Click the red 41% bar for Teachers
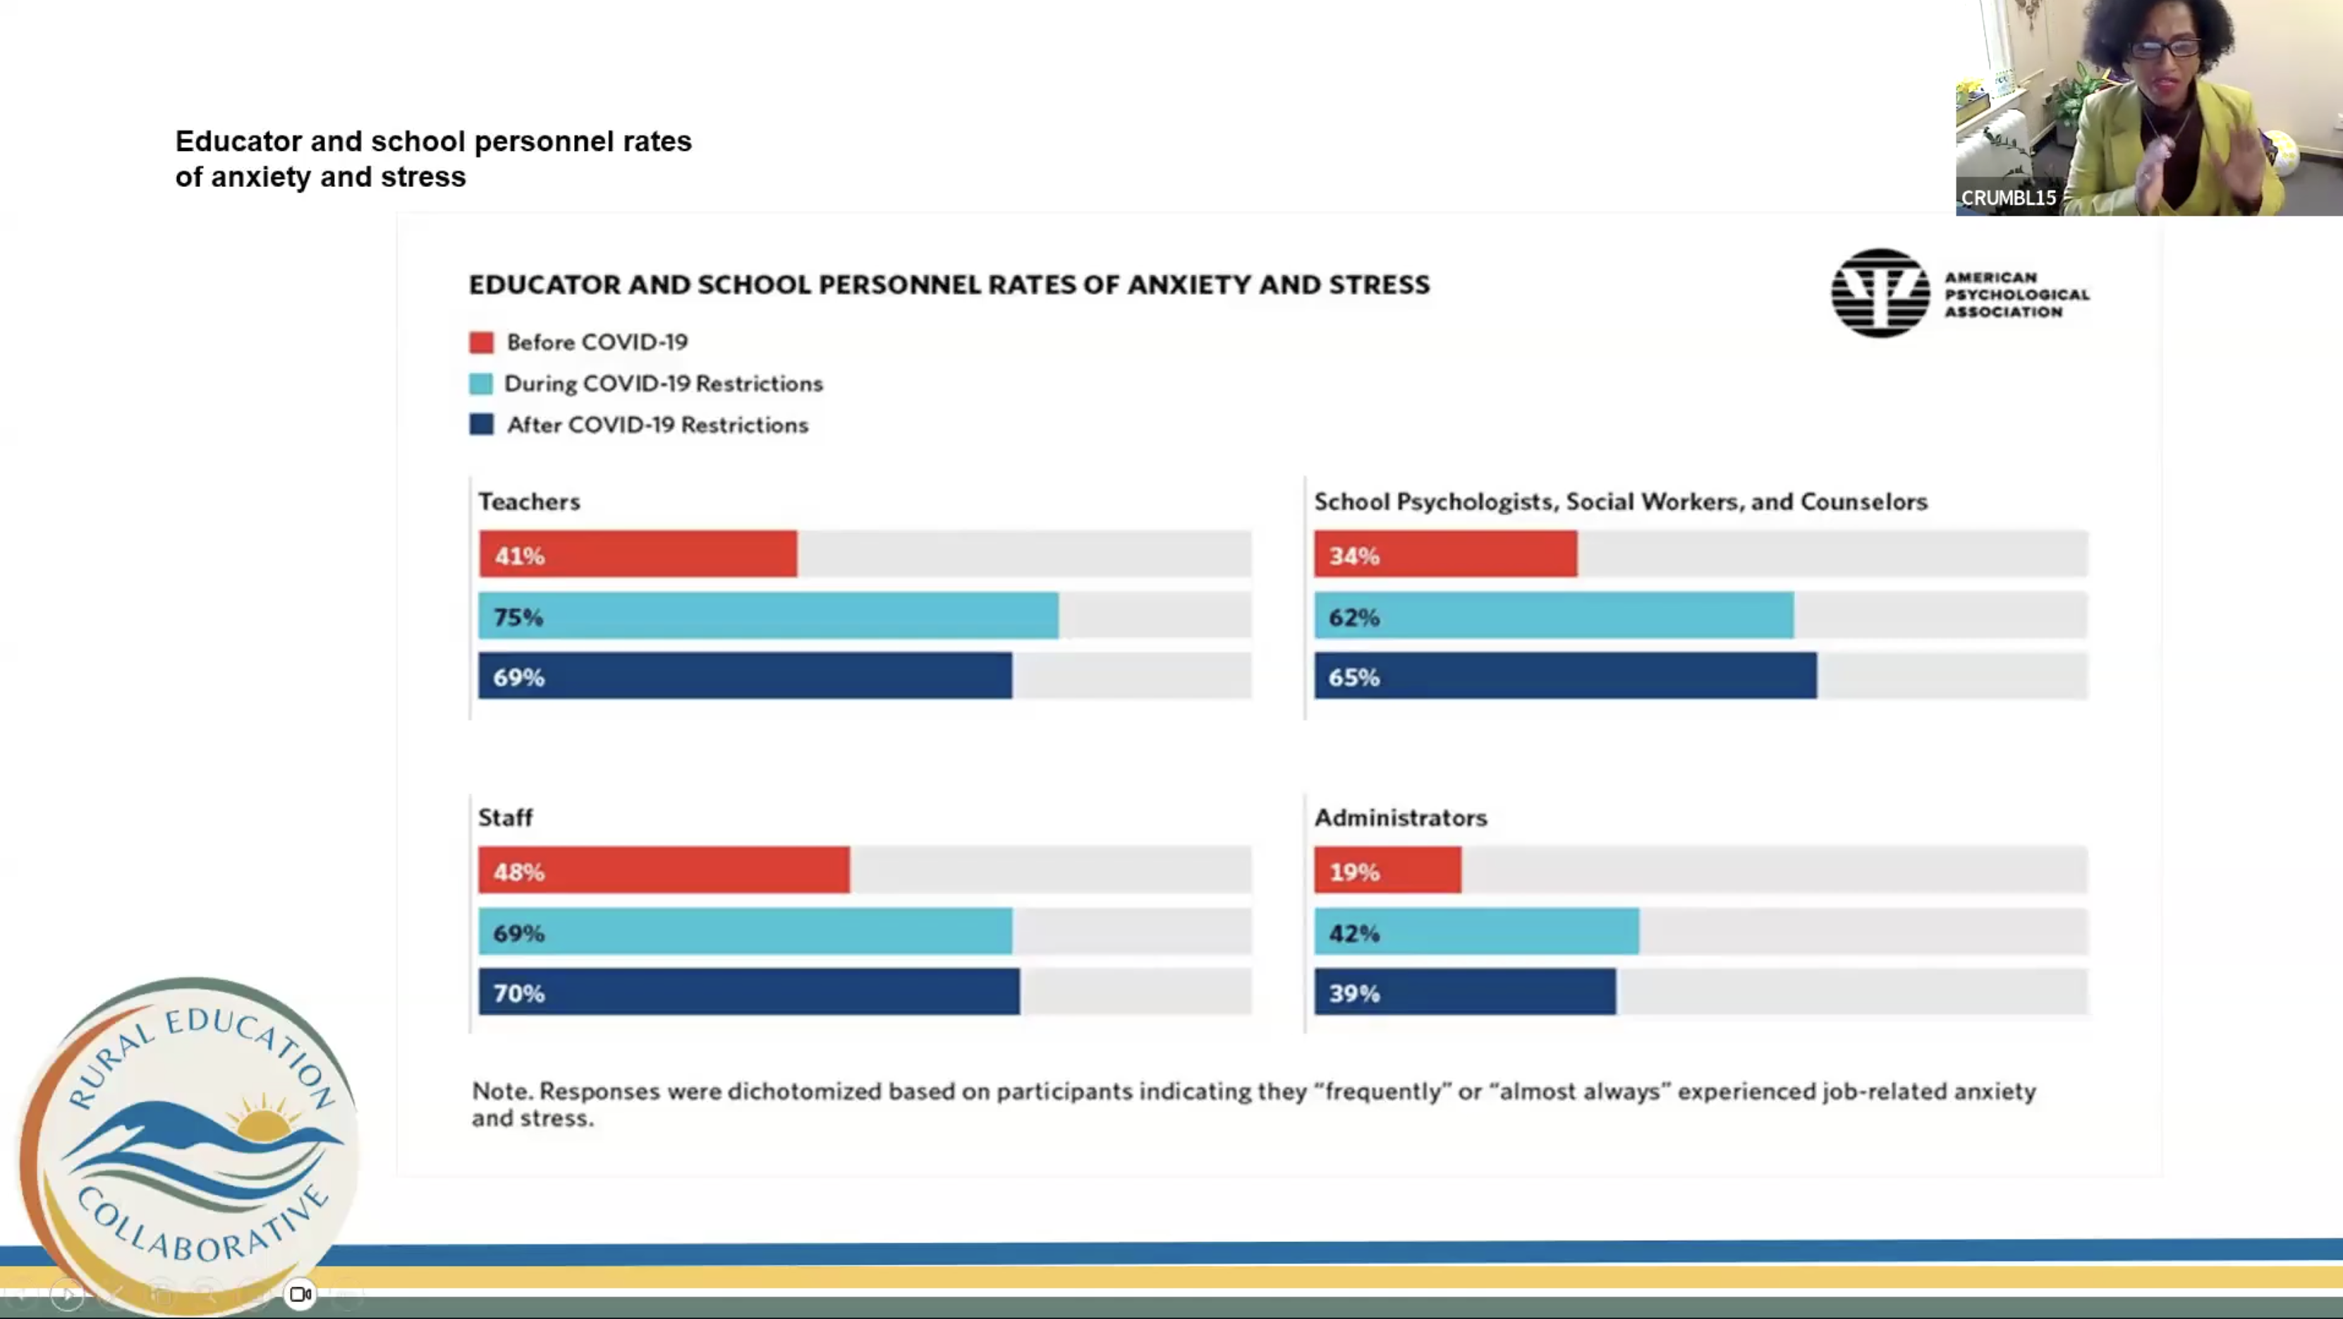coord(638,554)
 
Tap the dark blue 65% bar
coord(1564,676)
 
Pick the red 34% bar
coord(1444,554)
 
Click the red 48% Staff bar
coord(664,870)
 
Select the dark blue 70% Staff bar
coord(748,992)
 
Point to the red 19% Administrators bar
coord(1387,870)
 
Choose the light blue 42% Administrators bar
coord(1475,932)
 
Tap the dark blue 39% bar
coord(1464,992)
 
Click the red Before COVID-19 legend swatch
coord(481,342)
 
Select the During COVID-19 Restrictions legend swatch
coord(481,384)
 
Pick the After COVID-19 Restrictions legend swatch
coord(481,425)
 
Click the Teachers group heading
coord(528,502)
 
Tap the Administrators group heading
coord(1400,817)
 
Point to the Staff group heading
coord(505,817)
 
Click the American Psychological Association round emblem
coord(1879,293)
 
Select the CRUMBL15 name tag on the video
coord(2007,197)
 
